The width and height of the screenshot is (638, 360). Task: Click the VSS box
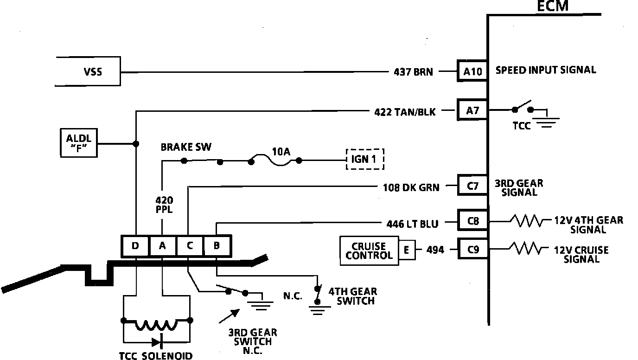click(x=88, y=72)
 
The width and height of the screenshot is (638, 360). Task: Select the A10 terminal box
click(x=472, y=71)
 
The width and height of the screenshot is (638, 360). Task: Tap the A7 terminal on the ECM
click(x=472, y=110)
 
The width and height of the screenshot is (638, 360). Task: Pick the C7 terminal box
click(x=472, y=186)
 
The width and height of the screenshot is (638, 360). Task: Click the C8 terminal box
click(x=472, y=222)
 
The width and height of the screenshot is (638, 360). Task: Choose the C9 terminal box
click(x=472, y=250)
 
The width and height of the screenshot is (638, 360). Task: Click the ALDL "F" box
click(x=79, y=143)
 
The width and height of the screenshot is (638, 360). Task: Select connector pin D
click(x=135, y=246)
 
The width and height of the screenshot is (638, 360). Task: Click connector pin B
click(x=216, y=246)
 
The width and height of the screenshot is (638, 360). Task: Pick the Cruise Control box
click(x=369, y=251)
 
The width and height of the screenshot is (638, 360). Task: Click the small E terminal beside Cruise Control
click(x=406, y=251)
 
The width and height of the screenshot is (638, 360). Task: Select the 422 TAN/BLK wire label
click(x=405, y=111)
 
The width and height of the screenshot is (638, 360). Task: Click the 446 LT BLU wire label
click(x=412, y=224)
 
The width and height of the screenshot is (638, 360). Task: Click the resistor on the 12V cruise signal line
click(x=526, y=250)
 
